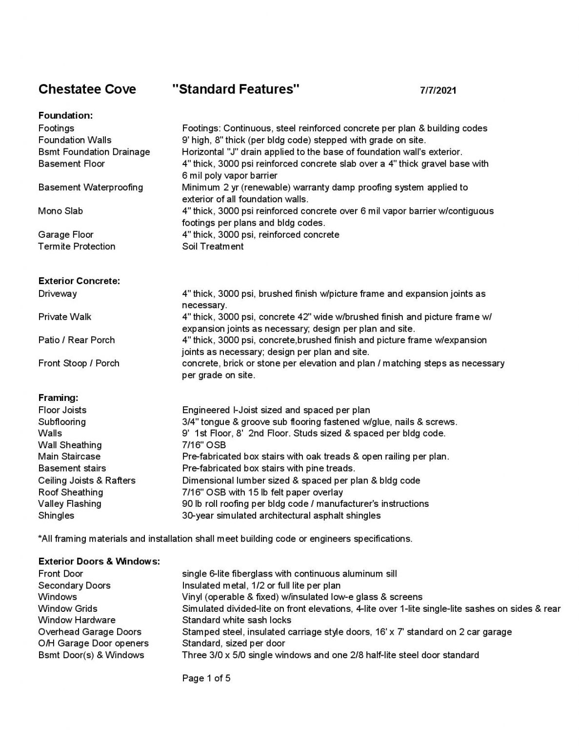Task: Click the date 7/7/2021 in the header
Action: tap(438, 90)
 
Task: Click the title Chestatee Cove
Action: tap(87, 89)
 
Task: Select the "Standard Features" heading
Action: tap(236, 89)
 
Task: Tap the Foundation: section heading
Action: tap(65, 116)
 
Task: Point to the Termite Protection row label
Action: tap(77, 247)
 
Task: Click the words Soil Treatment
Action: tap(213, 247)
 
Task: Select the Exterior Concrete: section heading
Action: tap(79, 281)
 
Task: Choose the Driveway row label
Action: tap(58, 294)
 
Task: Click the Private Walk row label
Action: tap(65, 317)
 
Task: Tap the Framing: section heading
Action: tap(58, 398)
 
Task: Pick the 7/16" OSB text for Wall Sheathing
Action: tap(204, 445)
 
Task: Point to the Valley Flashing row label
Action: tap(70, 504)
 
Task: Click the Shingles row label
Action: tap(56, 516)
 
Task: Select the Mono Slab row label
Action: tap(60, 211)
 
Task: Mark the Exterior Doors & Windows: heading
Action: tap(99, 562)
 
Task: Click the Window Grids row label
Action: tap(68, 609)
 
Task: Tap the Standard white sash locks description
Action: tap(237, 621)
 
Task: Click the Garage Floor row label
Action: tap(66, 235)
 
